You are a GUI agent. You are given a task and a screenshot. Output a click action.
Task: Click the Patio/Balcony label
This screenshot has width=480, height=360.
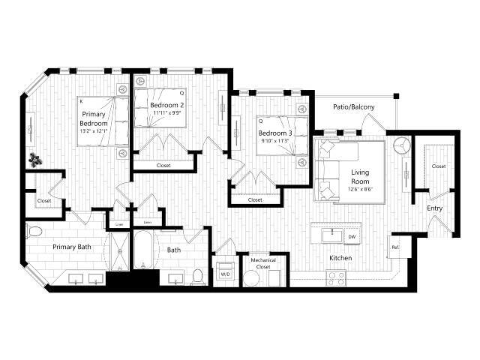click(355, 107)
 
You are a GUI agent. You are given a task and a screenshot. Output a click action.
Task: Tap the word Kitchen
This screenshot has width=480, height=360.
click(340, 258)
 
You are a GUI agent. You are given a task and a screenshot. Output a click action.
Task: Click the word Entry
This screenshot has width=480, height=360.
click(435, 208)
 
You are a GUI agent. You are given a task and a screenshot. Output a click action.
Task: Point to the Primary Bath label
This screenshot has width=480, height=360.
click(71, 246)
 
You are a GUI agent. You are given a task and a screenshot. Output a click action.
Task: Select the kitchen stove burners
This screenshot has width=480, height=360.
click(337, 275)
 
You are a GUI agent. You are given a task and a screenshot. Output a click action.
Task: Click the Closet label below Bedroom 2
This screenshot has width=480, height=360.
click(163, 165)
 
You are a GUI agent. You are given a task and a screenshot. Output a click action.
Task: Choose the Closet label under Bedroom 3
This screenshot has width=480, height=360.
click(255, 199)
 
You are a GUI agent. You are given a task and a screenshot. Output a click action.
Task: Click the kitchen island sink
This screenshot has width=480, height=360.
click(328, 236)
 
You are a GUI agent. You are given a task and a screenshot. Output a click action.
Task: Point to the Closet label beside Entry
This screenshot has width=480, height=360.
click(439, 166)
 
